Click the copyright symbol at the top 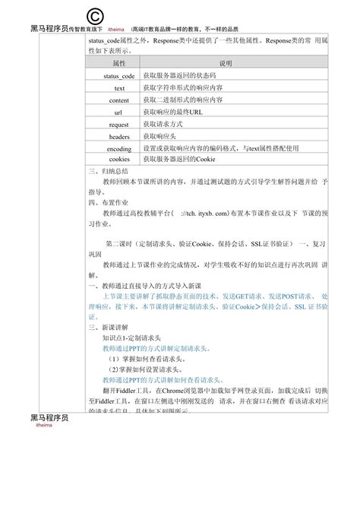[96, 17]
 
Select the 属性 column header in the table [119, 64]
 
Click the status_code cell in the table [119, 77]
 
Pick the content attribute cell [119, 100]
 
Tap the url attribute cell [119, 112]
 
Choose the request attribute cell [119, 125]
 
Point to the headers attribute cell [119, 137]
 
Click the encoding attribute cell [119, 149]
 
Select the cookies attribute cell [119, 160]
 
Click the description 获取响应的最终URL [173, 112]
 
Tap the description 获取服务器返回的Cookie [180, 160]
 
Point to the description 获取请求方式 [163, 125]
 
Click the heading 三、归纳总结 [111, 173]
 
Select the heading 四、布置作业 [111, 203]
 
